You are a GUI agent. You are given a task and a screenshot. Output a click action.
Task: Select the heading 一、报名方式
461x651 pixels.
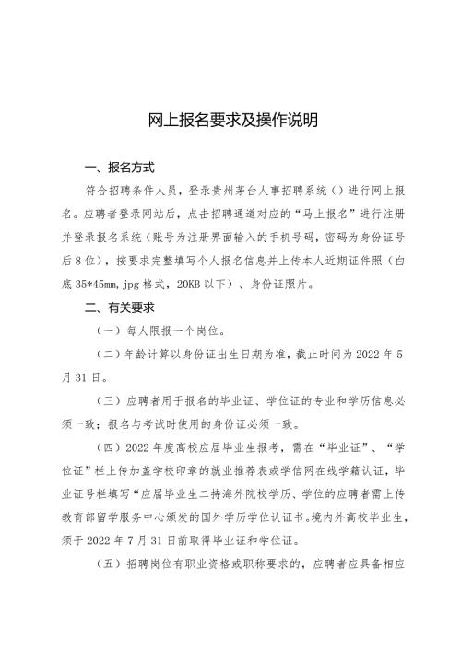[x=119, y=168]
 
